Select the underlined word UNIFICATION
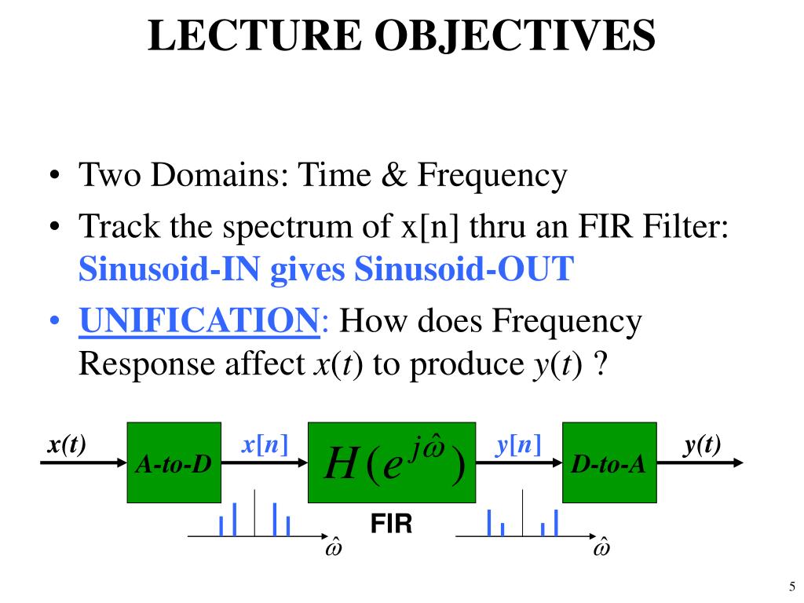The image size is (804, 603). coord(199,321)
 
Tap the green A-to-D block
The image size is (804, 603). coord(174,462)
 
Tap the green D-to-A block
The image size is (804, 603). coord(609,462)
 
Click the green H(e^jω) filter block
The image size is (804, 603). coord(392,462)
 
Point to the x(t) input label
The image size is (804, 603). coord(67,445)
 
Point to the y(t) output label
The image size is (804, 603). coord(701,445)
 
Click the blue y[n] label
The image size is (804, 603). coord(517,445)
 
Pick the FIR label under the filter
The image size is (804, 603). coord(392,524)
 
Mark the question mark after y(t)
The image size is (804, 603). coord(601,365)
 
